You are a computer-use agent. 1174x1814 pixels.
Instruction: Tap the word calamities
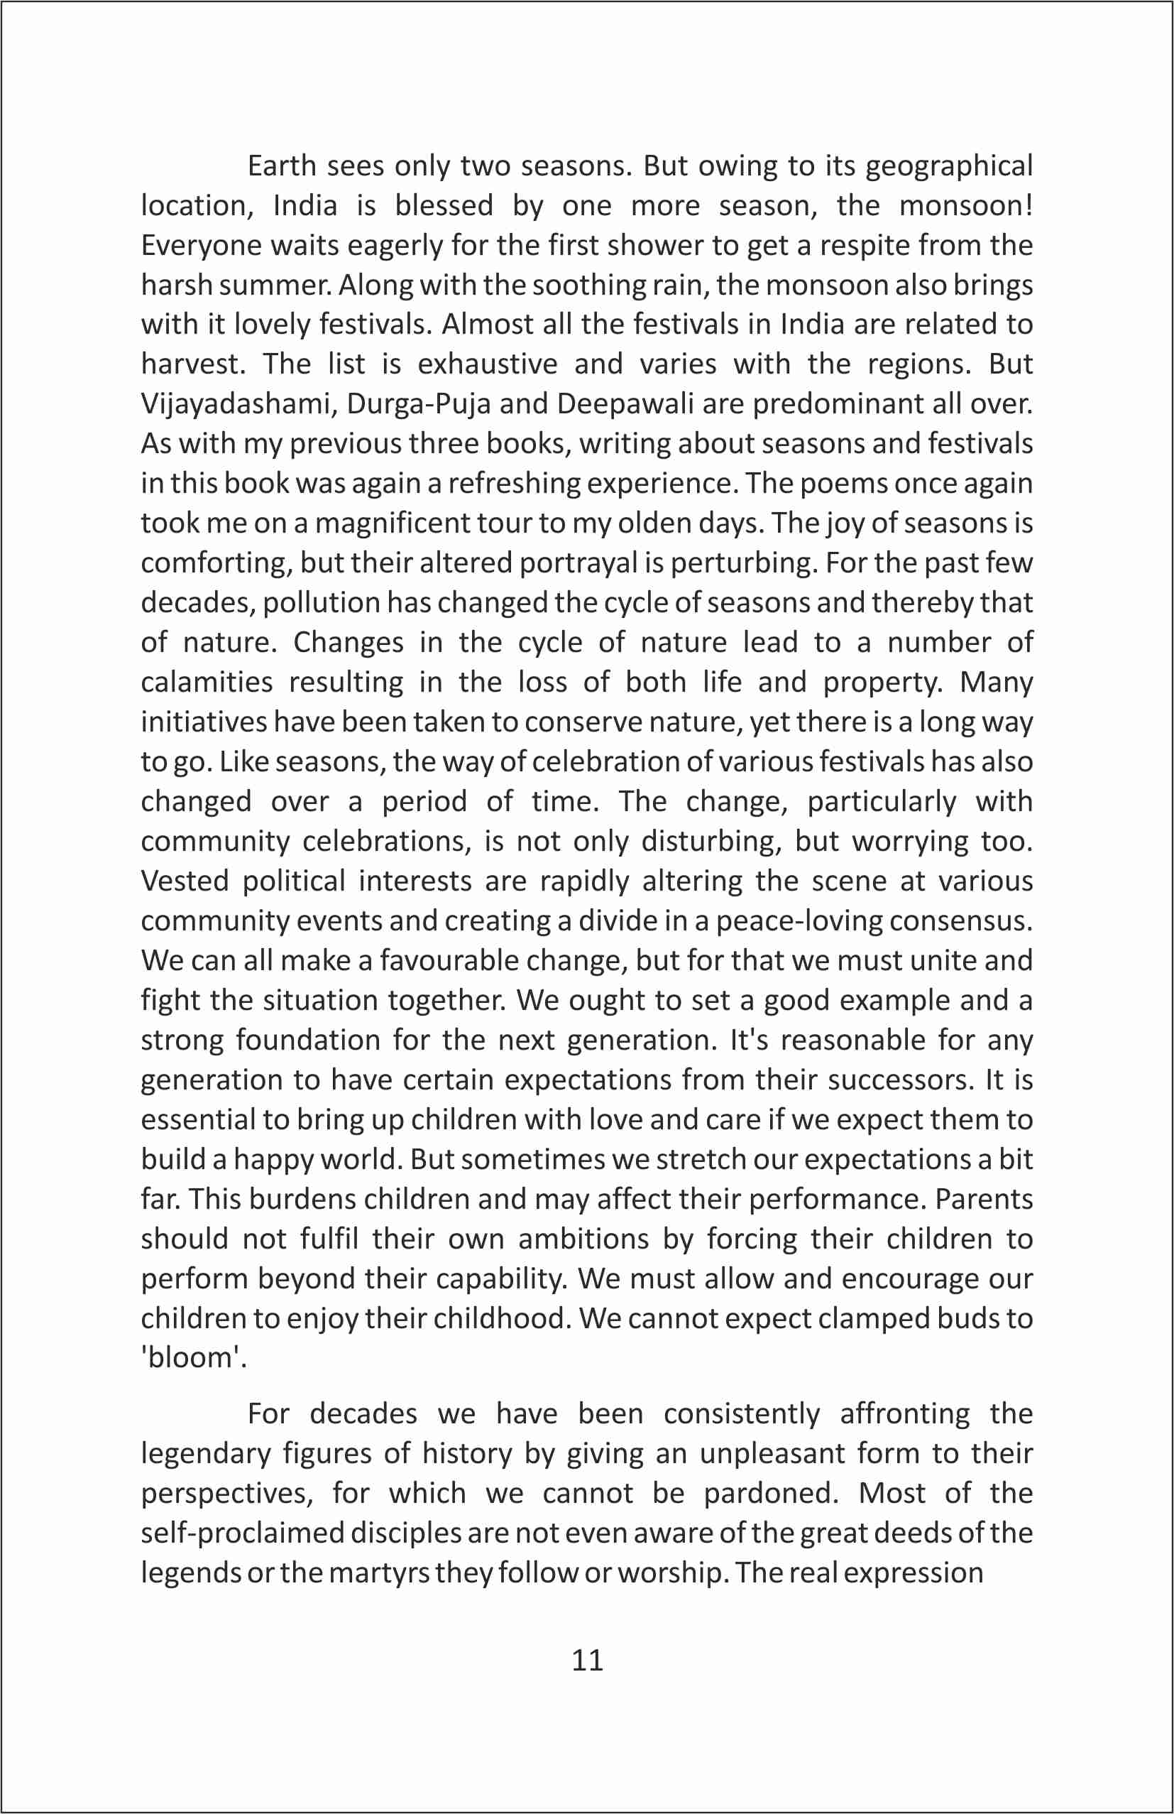click(x=207, y=681)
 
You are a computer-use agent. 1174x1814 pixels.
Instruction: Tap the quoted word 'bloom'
click(x=194, y=1357)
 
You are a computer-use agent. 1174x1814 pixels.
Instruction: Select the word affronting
click(x=905, y=1414)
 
